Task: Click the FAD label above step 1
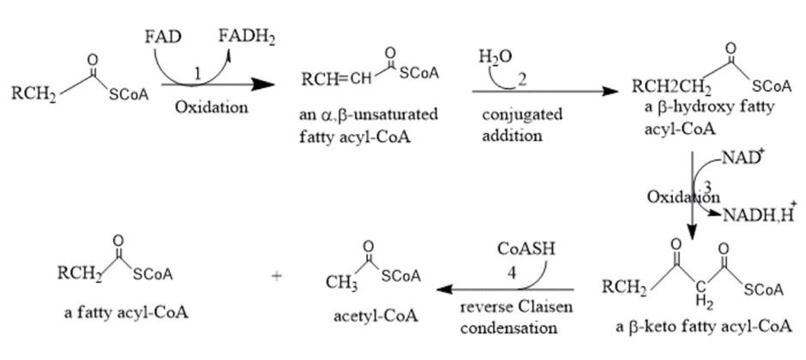162,38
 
